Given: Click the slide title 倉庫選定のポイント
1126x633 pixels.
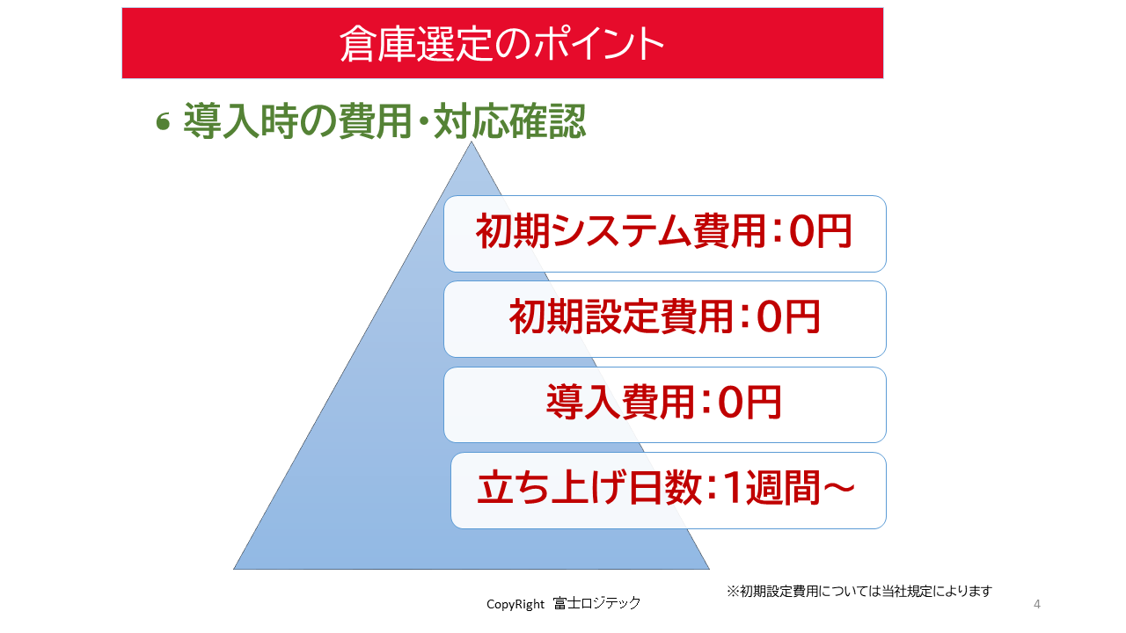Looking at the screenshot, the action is click(501, 44).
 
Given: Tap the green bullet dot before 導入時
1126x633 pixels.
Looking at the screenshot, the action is click(163, 122).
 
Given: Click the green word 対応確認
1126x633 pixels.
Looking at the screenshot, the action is click(509, 120).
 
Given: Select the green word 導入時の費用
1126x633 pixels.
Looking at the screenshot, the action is click(297, 120).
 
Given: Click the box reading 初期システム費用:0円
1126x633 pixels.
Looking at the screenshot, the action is click(664, 234).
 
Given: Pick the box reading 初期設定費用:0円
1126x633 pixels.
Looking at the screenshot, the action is click(664, 319).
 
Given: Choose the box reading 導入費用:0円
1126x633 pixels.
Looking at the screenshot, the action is click(664, 405).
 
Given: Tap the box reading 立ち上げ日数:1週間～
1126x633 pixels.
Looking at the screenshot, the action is click(668, 491).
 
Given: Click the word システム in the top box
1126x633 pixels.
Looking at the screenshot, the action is click(621, 231).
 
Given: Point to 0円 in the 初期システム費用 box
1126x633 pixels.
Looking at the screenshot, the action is click(821, 231).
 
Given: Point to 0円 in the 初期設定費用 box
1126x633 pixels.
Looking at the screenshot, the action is click(787, 316).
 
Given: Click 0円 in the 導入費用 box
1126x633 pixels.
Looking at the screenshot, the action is click(749, 402).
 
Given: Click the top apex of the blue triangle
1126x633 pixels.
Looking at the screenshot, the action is click(472, 142).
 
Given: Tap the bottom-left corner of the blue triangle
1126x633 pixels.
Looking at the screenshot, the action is click(234, 569).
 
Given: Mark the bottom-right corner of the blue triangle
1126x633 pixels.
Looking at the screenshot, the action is click(709, 569).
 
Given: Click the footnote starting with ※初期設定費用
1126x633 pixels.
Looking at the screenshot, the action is click(859, 592).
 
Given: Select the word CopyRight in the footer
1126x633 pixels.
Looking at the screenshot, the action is click(515, 604).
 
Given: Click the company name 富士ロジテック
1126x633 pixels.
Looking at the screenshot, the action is click(596, 603).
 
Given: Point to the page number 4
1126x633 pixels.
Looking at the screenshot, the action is click(1036, 604).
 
